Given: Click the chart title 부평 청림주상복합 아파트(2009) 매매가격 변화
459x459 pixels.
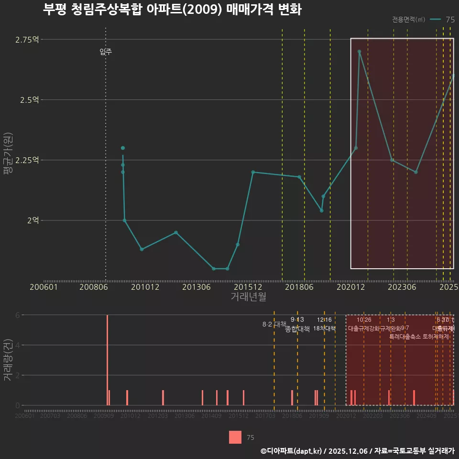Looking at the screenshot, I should (x=172, y=10).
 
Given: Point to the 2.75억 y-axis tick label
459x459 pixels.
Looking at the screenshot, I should (x=27, y=40).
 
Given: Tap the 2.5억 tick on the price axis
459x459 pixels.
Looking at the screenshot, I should (x=29, y=100).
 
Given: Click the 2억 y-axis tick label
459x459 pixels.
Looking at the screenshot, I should (x=33, y=220).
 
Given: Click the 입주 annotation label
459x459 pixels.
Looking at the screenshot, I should (x=106, y=52).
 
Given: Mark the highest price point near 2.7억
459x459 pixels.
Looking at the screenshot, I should (x=359, y=52).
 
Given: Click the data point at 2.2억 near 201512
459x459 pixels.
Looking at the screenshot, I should (x=253, y=172).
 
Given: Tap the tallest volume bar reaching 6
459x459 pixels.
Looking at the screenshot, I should (x=107, y=360).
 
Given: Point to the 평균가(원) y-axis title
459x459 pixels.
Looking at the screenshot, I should (x=8, y=160).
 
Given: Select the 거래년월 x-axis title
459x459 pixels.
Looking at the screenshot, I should (x=248, y=297).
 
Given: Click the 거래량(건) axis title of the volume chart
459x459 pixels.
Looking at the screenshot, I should (x=8, y=360).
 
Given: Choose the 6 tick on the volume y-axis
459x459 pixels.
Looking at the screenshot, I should (x=17, y=315).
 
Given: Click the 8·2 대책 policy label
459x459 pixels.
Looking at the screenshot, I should (x=273, y=324).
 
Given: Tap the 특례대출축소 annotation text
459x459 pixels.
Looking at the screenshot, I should (x=405, y=337).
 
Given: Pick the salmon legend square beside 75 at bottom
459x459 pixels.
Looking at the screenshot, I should (x=235, y=437).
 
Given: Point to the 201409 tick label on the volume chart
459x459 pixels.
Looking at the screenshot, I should (x=211, y=416).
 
